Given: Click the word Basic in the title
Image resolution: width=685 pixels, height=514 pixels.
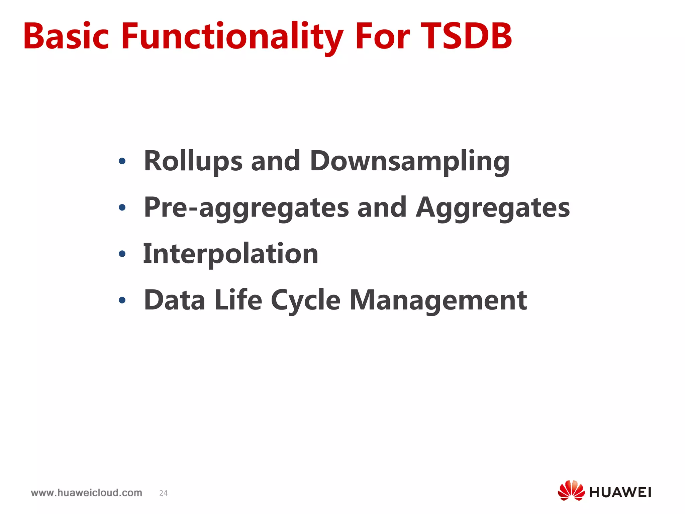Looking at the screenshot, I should click(66, 36).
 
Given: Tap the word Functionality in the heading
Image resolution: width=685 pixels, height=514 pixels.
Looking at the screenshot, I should click(232, 36).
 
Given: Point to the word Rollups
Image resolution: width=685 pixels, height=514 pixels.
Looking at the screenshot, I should click(193, 161).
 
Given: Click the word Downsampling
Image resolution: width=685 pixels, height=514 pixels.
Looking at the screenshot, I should click(409, 161).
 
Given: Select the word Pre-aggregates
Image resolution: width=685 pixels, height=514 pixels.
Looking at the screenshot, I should click(246, 208).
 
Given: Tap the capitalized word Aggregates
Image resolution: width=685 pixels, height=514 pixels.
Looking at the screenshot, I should click(492, 208).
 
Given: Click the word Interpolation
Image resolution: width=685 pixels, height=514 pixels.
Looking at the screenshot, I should click(230, 254).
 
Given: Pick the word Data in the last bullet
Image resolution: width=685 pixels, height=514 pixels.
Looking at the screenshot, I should click(174, 300).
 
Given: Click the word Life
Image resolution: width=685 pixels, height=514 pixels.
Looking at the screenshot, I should click(238, 300).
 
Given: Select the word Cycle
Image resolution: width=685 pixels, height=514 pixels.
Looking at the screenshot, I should click(305, 300).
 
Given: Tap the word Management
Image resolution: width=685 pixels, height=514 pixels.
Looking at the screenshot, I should click(438, 300).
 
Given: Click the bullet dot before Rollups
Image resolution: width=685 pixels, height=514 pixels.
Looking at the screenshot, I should click(122, 162).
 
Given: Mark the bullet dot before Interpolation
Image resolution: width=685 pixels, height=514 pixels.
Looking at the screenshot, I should click(122, 254).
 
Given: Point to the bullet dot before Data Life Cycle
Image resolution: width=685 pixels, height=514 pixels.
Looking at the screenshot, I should click(122, 300).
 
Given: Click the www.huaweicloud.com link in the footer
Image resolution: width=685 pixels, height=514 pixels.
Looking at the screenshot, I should click(86, 493).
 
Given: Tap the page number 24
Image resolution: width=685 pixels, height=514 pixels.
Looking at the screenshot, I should click(163, 493).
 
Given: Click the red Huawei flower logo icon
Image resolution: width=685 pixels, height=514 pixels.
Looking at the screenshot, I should click(571, 491).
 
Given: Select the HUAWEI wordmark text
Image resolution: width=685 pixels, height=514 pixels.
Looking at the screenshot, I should click(620, 493).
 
